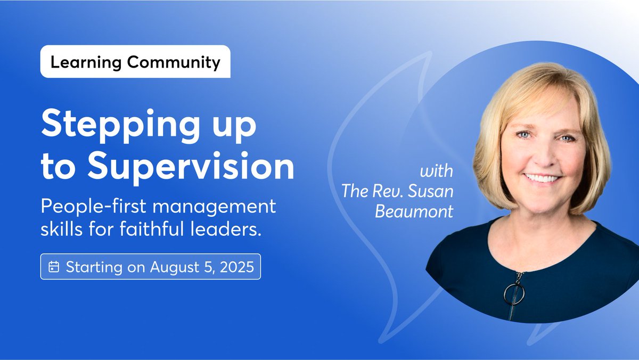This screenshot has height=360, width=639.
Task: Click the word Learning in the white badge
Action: tap(86, 62)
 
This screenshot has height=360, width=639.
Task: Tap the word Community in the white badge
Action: tap(174, 62)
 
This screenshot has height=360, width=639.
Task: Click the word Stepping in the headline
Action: tap(120, 126)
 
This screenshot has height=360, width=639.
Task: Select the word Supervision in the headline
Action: tap(191, 166)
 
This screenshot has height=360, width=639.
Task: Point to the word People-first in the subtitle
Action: tap(94, 206)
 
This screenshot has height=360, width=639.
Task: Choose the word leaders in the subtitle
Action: tap(226, 228)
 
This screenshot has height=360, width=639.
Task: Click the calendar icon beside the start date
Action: tap(54, 267)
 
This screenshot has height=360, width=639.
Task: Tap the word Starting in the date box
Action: tap(94, 267)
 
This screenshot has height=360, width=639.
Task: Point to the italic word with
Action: tap(437, 171)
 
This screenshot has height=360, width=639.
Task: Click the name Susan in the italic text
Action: tap(430, 191)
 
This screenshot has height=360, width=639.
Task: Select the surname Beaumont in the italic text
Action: tap(414, 211)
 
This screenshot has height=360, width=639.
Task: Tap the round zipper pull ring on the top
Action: tap(514, 294)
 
